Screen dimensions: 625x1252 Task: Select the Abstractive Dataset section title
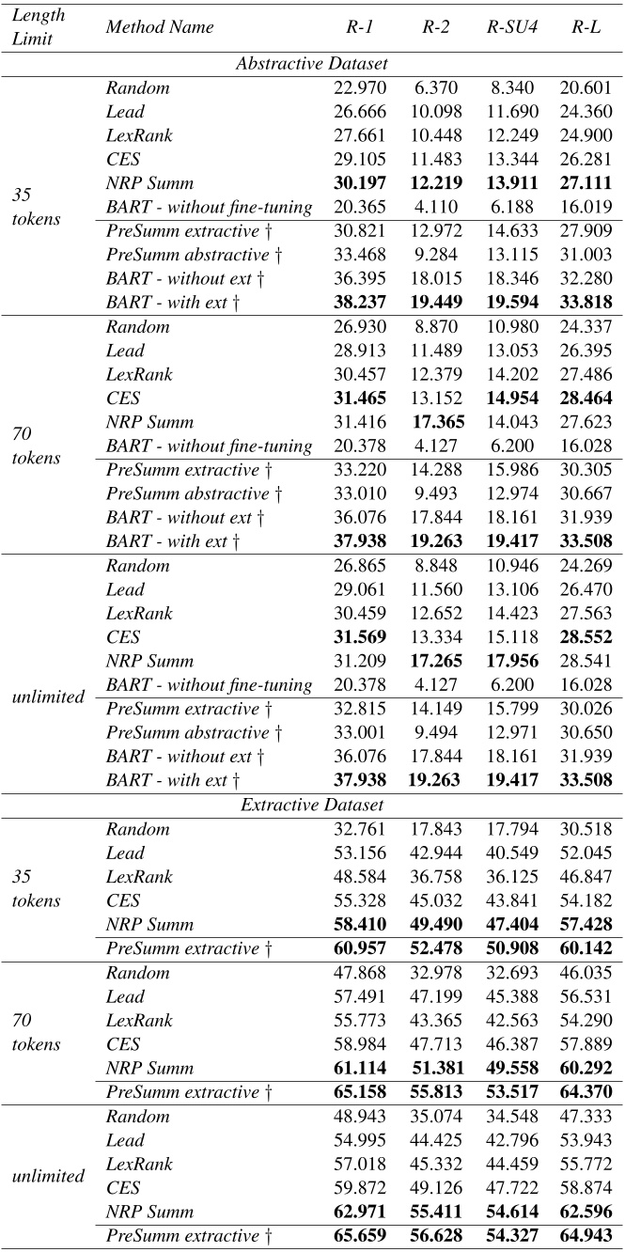click(312, 64)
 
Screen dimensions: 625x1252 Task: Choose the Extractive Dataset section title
click(312, 806)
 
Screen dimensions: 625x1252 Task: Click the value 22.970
click(361, 88)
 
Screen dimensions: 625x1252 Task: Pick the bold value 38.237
click(361, 303)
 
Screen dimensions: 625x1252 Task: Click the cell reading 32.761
click(361, 829)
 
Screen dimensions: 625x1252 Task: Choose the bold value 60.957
click(361, 949)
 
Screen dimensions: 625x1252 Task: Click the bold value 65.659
click(361, 1235)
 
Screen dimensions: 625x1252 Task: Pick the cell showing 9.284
click(434, 256)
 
